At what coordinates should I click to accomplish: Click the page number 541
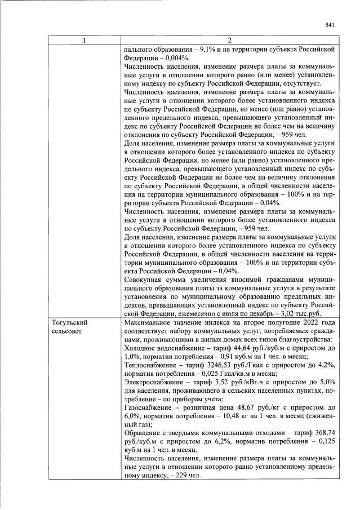(330, 24)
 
